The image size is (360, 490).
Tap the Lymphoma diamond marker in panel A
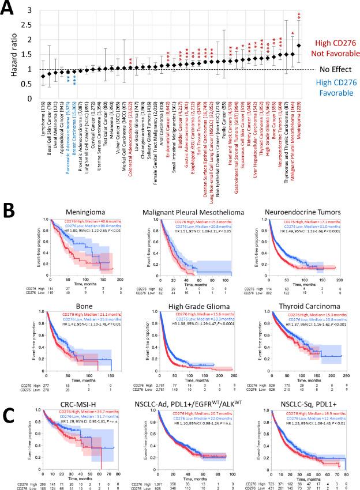tap(42, 76)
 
